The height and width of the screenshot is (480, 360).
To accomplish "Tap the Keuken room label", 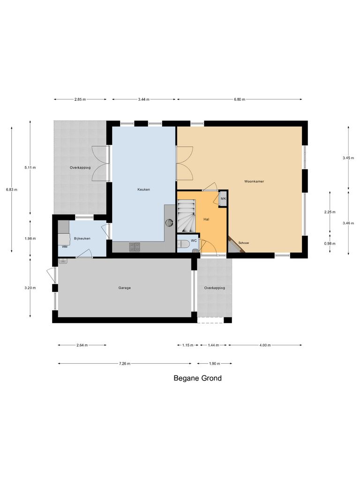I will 143,189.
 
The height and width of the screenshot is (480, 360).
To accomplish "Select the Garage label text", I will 124,288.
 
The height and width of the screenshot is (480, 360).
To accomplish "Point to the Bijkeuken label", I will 82,239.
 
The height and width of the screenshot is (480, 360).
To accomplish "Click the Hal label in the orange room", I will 206,219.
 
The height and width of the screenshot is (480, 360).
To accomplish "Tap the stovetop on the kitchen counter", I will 134,247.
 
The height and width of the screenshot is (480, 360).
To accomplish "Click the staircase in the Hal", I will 186,216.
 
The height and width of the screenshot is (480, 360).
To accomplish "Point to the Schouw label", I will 244,243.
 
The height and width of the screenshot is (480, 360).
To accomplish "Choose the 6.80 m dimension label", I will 239,99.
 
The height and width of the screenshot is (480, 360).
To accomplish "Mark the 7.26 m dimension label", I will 124,363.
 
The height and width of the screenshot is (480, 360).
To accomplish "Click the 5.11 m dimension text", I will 30,167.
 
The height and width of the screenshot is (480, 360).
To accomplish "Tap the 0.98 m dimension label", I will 330,243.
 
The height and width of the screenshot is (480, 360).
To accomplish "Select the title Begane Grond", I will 197,378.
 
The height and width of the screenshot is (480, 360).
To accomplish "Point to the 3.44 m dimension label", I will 144,99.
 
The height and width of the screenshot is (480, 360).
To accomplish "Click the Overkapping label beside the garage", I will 214,288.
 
